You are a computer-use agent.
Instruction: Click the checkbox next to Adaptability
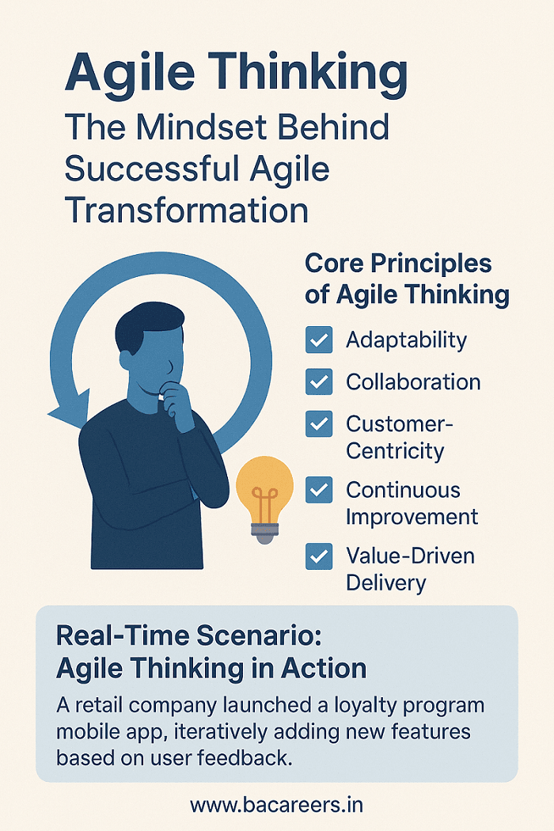tap(319, 340)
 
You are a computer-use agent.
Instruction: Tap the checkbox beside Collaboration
tap(319, 381)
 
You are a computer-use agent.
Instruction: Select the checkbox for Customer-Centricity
tap(319, 424)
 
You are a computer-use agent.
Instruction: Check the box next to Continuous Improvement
tap(319, 490)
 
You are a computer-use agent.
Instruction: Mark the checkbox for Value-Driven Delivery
tap(319, 556)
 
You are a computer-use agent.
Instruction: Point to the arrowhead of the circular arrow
tap(69, 408)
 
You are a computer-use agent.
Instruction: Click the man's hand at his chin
tap(177, 405)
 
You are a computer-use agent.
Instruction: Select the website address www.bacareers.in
tap(277, 805)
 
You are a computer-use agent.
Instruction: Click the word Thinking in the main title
tap(309, 73)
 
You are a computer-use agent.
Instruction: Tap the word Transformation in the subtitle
tap(187, 210)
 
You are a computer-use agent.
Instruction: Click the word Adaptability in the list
tap(407, 340)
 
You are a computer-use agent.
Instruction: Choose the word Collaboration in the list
tap(413, 382)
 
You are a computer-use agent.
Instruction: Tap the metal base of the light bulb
tap(264, 532)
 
